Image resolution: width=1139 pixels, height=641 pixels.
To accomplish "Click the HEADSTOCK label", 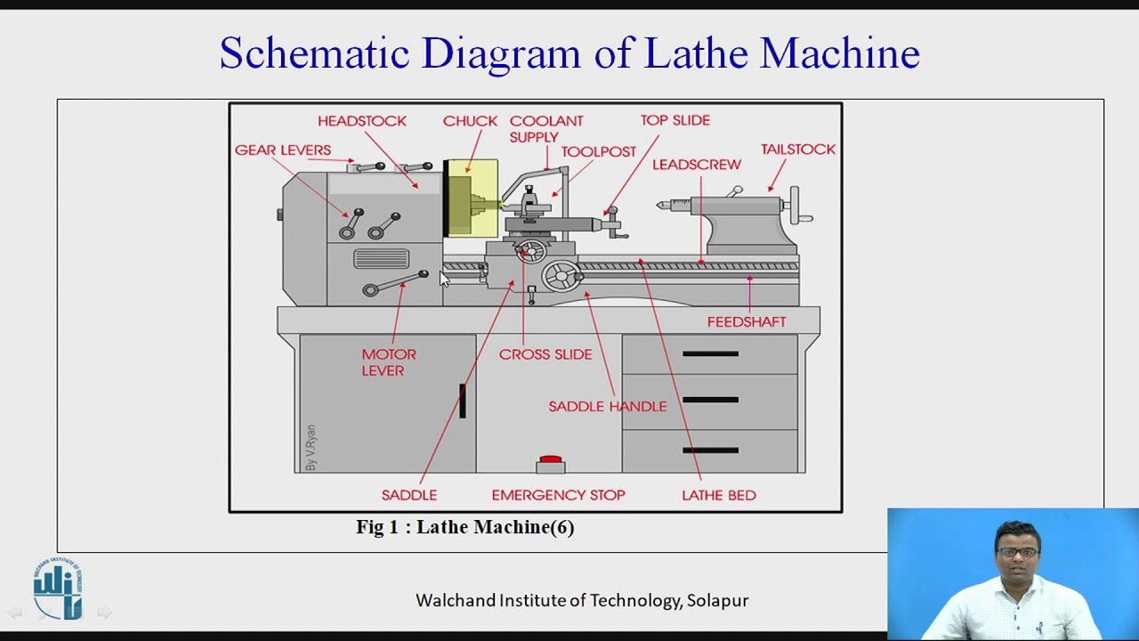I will pyautogui.click(x=361, y=121).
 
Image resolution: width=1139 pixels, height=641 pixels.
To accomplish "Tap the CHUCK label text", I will pyautogui.click(x=470, y=121).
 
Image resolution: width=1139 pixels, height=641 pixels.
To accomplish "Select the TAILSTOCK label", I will pyautogui.click(x=797, y=150).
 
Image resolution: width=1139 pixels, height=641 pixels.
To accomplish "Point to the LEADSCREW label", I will pyautogui.click(x=696, y=165).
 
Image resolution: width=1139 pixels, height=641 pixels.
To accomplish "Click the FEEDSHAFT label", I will pyautogui.click(x=746, y=321).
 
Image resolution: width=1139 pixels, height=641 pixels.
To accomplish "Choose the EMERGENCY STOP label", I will pyautogui.click(x=558, y=495).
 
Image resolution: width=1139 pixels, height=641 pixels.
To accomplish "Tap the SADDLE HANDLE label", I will pyautogui.click(x=607, y=406).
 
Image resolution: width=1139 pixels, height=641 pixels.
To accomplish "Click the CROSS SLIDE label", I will pyautogui.click(x=545, y=354).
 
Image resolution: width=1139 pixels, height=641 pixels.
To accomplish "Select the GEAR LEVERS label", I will pyautogui.click(x=282, y=150).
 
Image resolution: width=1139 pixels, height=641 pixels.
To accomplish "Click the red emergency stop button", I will pyautogui.click(x=551, y=460).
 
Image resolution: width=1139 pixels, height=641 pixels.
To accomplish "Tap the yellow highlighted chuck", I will pyautogui.click(x=472, y=199).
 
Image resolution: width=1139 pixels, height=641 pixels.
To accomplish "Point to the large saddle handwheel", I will pyautogui.click(x=561, y=276).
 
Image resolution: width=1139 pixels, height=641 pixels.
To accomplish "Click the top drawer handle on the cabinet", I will pyautogui.click(x=710, y=354).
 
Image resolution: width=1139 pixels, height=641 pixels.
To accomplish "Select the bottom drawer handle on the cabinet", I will pyautogui.click(x=710, y=450).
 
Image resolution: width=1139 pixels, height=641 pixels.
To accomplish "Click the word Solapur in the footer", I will pyautogui.click(x=717, y=601).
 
